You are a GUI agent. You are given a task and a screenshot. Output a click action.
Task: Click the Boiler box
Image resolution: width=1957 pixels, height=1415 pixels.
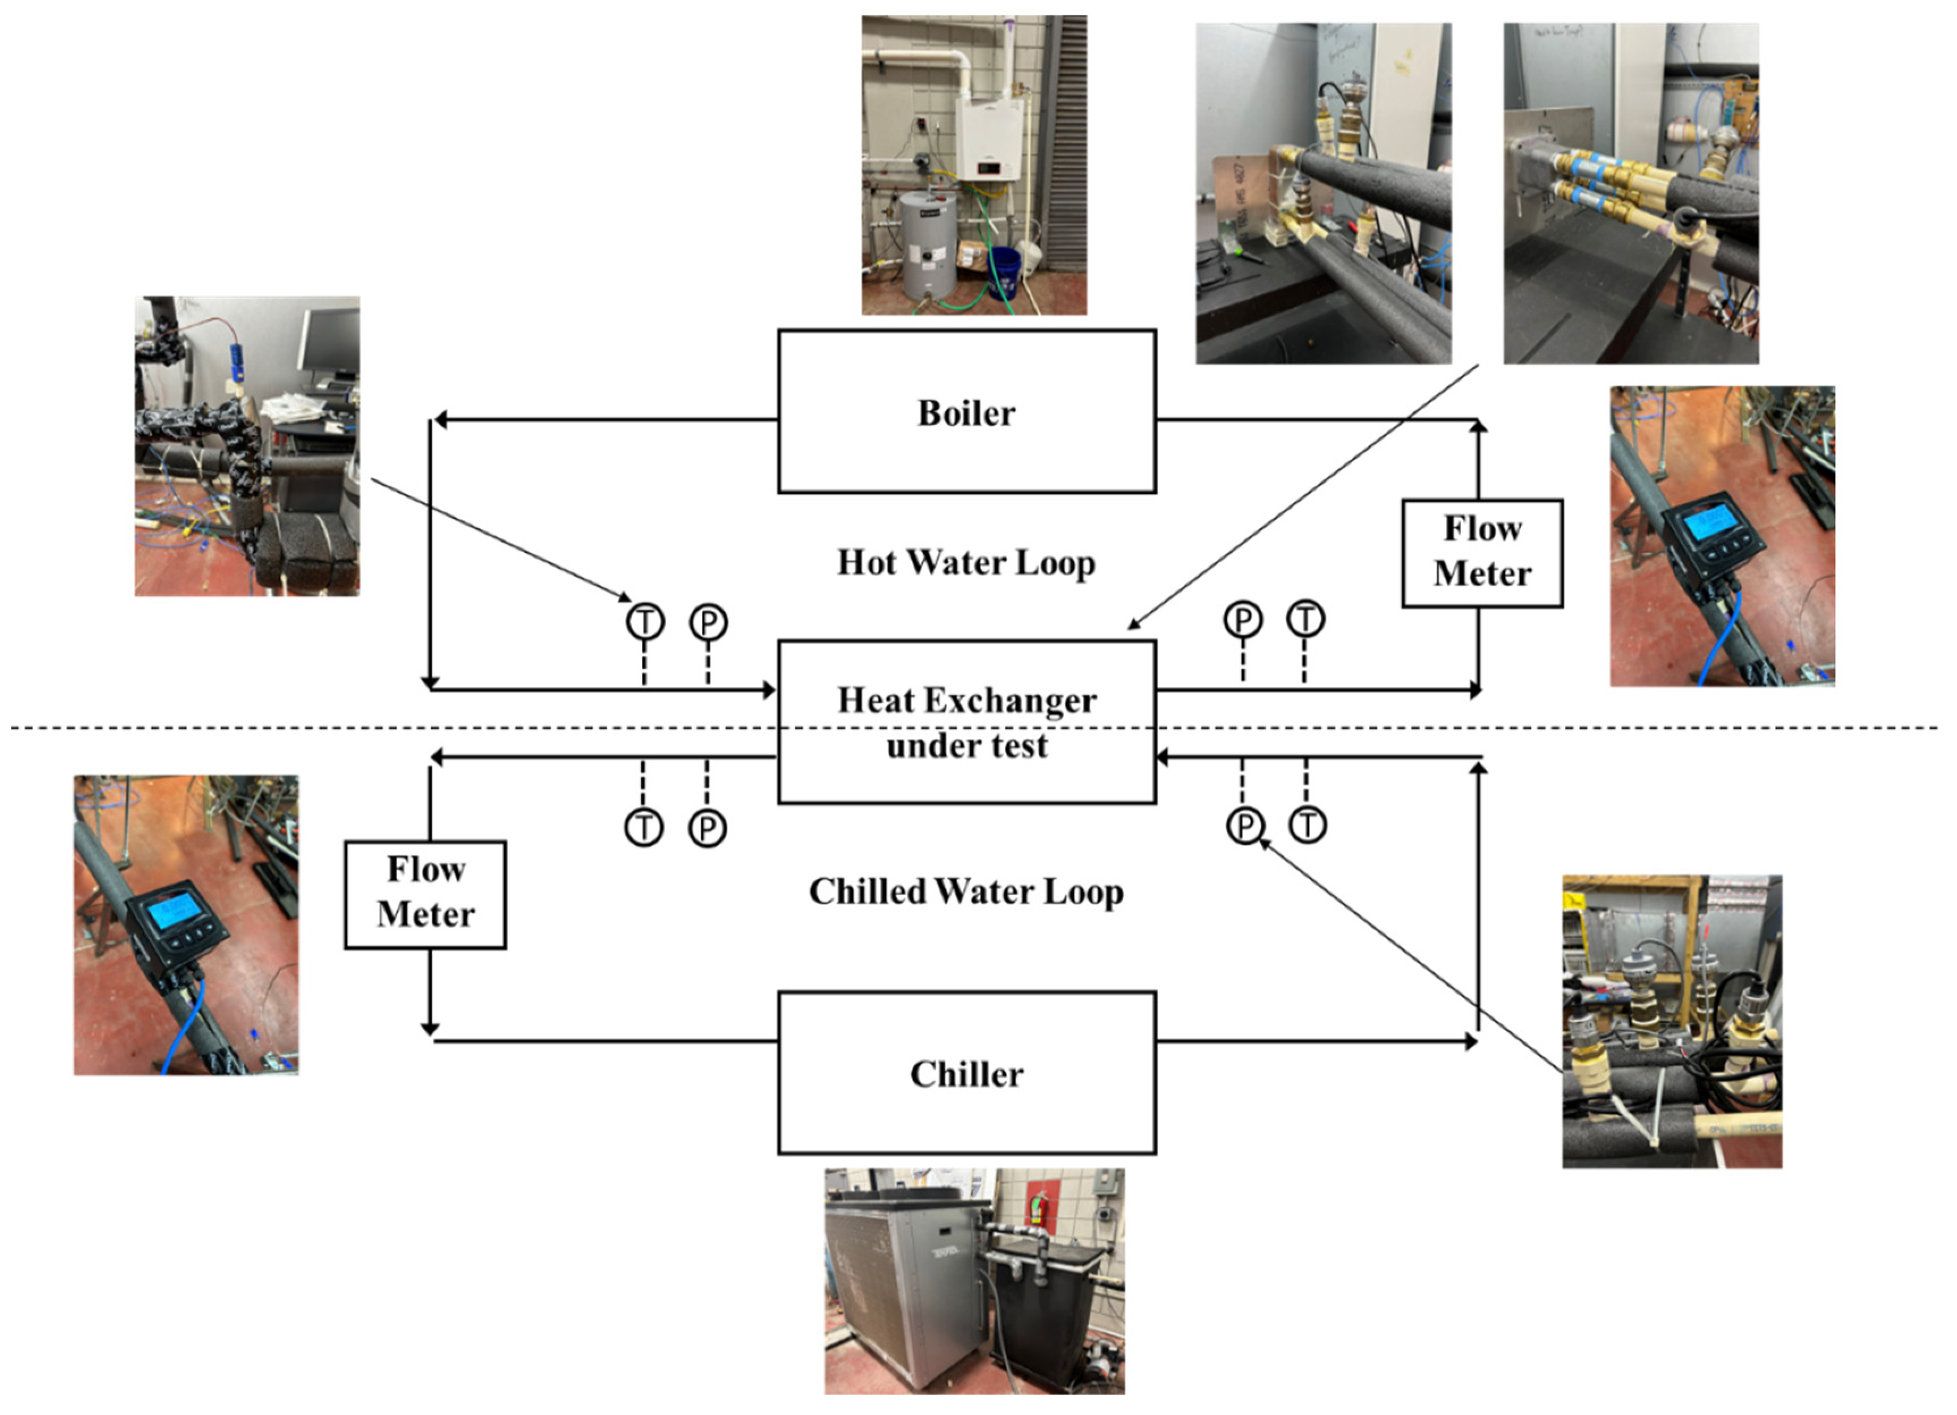click(x=966, y=412)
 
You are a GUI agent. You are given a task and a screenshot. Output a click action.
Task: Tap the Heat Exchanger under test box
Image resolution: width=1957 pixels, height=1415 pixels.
click(x=966, y=722)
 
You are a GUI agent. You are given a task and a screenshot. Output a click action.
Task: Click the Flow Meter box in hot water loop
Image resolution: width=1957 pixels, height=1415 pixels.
click(x=1482, y=553)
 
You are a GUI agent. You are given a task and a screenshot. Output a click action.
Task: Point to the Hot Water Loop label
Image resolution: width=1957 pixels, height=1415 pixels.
click(x=966, y=563)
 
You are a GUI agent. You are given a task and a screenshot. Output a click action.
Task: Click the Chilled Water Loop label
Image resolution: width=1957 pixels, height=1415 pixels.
click(x=966, y=892)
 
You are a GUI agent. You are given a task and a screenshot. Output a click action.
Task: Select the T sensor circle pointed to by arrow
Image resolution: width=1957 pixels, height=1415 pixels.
click(x=645, y=621)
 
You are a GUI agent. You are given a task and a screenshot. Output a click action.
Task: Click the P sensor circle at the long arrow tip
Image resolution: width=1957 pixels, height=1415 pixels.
click(x=1244, y=826)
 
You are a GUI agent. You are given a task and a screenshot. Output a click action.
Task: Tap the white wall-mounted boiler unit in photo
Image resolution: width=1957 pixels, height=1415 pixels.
click(x=989, y=138)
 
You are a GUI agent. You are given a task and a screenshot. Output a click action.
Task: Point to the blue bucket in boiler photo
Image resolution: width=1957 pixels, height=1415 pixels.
click(x=1004, y=272)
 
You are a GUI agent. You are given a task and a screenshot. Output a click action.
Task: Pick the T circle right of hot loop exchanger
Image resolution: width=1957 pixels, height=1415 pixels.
click(x=1305, y=619)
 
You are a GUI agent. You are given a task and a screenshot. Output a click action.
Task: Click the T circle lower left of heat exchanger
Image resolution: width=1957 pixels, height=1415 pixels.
click(x=644, y=827)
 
